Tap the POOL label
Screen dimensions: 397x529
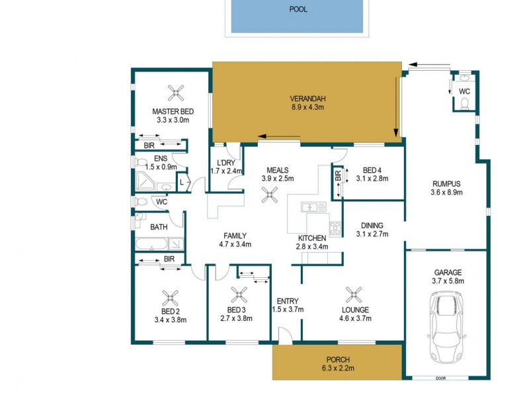(298, 10)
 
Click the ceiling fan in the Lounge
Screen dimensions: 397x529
(355, 292)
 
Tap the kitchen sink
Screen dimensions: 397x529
(311, 208)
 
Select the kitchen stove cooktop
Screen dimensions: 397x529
(335, 228)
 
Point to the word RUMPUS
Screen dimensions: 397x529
(446, 184)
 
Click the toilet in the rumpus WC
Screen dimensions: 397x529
(464, 103)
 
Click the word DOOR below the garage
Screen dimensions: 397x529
(440, 378)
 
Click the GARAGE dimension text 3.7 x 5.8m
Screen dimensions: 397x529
(447, 281)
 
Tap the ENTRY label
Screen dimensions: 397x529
(288, 301)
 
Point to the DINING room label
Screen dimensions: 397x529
(372, 224)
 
